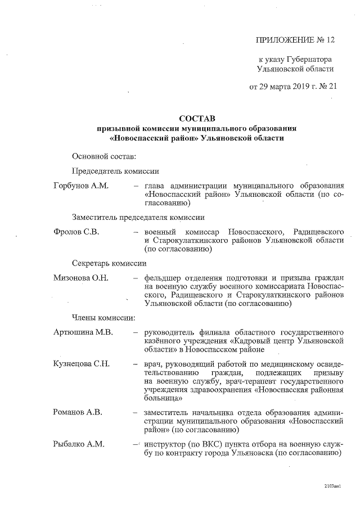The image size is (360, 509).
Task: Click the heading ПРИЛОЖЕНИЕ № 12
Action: pos(295,40)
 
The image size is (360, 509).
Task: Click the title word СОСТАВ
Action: pos(197,119)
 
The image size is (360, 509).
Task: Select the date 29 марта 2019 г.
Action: pos(290,87)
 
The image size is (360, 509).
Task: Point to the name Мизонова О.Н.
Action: pos(80,278)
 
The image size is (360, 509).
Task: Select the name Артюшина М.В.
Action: pos(83,332)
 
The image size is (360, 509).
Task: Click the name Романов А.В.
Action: pos(77,413)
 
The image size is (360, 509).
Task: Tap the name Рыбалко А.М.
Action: pos(79,444)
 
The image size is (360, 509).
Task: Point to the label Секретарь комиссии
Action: pos(109,263)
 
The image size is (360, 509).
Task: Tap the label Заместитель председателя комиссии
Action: pos(138,217)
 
